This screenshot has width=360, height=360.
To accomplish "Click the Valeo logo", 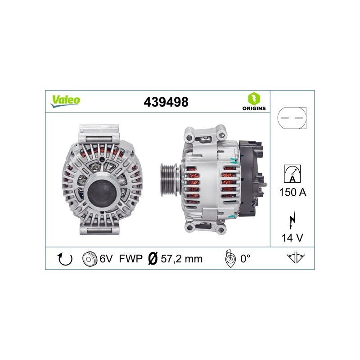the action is (x=65, y=101).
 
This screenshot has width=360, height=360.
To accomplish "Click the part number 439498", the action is (x=166, y=102).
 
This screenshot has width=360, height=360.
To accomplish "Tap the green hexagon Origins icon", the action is (x=254, y=99).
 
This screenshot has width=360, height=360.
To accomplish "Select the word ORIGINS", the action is (x=254, y=108).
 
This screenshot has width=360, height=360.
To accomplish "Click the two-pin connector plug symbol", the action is (x=292, y=118).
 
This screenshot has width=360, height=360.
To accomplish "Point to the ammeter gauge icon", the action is (x=292, y=174).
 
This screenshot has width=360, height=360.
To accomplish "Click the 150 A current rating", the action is (x=293, y=192).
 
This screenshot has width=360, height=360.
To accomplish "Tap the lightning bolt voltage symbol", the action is (x=292, y=219).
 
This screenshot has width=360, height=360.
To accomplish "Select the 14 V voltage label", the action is (x=292, y=238).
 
